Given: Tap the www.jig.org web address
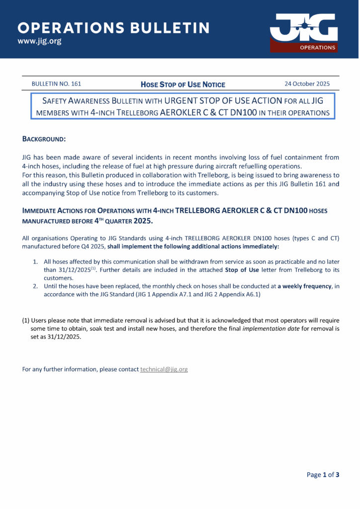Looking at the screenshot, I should tap(40, 41).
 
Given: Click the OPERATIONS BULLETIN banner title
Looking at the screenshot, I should tap(114, 27).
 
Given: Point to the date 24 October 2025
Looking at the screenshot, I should tap(307, 84).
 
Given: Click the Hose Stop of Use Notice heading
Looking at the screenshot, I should tap(183, 85).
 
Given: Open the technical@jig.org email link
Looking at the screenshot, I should tap(164, 369).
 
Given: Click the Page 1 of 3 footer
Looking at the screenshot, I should tap(323, 475).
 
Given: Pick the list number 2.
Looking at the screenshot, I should tap(35, 287).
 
